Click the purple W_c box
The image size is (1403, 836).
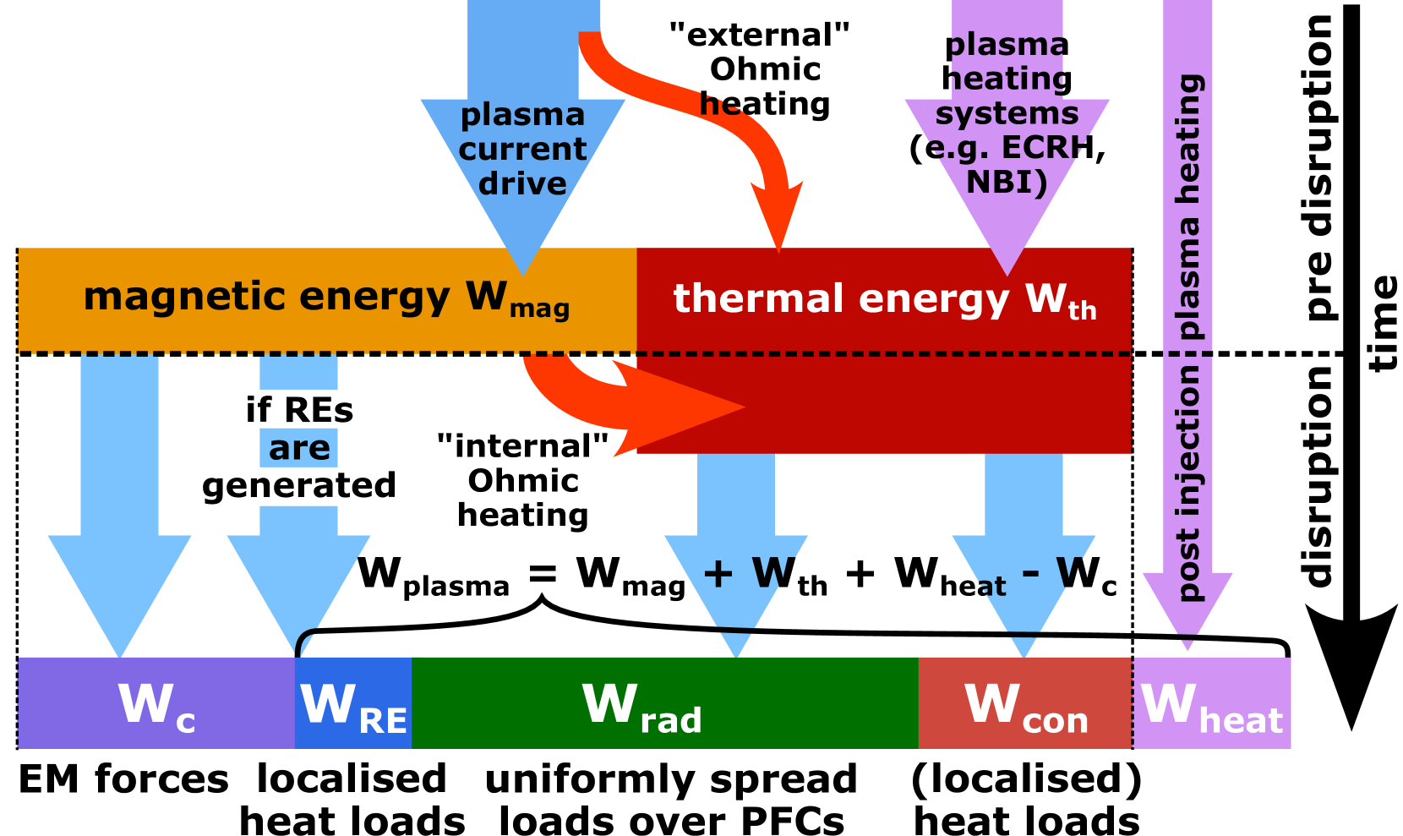156,703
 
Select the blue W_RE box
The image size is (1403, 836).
353,703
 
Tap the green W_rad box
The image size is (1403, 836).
664,703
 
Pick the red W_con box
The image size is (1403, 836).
1024,703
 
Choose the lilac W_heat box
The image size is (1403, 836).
1211,703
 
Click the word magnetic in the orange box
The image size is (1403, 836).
183,297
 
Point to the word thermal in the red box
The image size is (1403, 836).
758,299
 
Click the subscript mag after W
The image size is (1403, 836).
539,309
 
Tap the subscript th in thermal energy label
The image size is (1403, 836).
1082,311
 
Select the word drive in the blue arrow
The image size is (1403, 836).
522,183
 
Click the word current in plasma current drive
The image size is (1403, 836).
522,149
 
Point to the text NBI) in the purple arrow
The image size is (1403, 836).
1006,182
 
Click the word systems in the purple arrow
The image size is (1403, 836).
1006,113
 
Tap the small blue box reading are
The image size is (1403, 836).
298,448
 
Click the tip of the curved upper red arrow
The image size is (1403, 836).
779,245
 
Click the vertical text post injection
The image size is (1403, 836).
1187,482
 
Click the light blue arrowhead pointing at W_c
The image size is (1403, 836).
119,592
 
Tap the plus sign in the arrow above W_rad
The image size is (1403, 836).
718,575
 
